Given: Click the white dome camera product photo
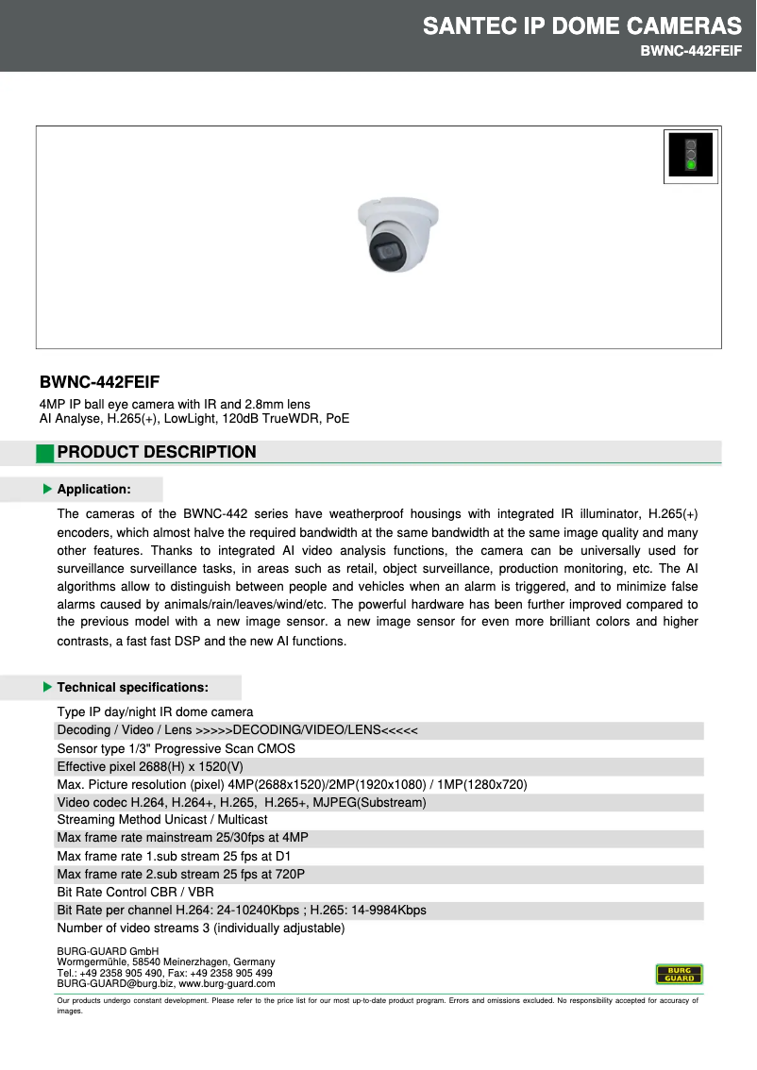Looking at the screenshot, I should tap(397, 235).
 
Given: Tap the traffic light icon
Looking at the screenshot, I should tap(691, 155).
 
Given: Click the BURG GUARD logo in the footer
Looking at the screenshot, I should tap(680, 974).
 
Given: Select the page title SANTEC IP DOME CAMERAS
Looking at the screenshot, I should tap(582, 25).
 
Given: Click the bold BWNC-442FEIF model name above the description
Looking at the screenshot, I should tap(99, 382).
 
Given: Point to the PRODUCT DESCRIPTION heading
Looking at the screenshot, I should tap(157, 452).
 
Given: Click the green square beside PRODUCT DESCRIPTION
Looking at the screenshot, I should tap(45, 453).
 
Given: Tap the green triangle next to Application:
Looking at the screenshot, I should tap(47, 489).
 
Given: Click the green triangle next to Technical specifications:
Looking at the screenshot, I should tap(47, 687).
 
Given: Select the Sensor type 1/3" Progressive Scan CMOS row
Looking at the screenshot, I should tap(177, 748).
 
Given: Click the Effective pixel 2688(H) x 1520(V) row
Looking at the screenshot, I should tap(150, 766).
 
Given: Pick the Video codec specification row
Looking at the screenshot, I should tap(242, 802).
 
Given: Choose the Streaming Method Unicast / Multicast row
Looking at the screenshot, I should tap(162, 820).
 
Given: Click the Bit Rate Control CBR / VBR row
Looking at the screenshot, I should tap(136, 892).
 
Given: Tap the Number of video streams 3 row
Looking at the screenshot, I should tap(201, 928).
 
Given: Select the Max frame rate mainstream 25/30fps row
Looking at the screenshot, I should tap(183, 838).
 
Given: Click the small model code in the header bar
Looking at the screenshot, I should tap(685, 51).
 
